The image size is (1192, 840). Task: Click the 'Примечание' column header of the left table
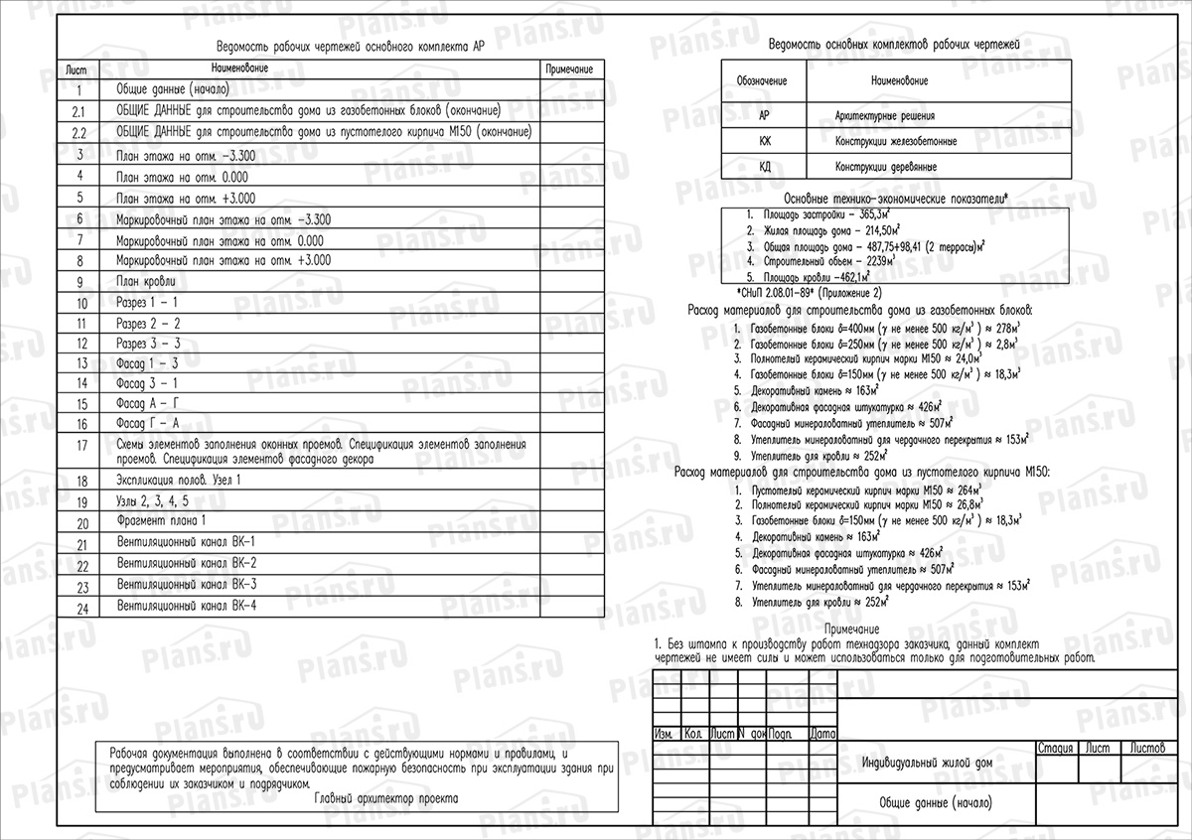click(569, 70)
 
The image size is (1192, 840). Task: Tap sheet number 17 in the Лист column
click(82, 445)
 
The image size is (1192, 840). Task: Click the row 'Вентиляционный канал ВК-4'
click(186, 605)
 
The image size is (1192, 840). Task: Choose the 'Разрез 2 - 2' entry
click(148, 323)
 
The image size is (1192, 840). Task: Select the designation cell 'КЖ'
click(764, 141)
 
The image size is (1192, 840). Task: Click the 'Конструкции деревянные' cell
click(886, 167)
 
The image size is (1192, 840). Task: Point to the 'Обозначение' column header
click(762, 78)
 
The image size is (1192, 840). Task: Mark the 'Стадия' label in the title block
click(1053, 747)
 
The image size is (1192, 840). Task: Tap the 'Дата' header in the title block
click(822, 735)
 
